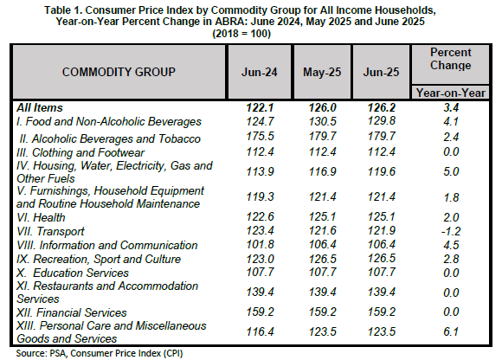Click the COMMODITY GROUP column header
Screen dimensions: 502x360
(119, 72)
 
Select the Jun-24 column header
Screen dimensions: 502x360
(260, 72)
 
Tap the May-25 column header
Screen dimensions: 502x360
(322, 72)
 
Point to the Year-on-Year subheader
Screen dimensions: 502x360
(451, 93)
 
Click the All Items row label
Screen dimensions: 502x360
(40, 108)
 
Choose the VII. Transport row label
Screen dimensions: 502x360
(50, 231)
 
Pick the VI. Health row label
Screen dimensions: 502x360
(41, 217)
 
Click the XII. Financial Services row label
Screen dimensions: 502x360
(72, 312)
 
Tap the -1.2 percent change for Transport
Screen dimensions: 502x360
(451, 231)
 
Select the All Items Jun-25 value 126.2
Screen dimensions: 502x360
(382, 108)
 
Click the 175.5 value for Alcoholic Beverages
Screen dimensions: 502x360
(260, 137)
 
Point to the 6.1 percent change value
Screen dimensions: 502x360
(451, 331)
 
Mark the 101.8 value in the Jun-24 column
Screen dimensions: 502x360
(260, 245)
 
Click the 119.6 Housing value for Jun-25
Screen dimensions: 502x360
(382, 171)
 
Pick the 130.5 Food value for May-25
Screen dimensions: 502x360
(322, 122)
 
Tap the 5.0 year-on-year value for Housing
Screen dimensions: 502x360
(451, 171)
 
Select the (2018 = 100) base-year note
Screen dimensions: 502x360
(241, 34)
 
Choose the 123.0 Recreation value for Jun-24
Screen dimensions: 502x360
(260, 259)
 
